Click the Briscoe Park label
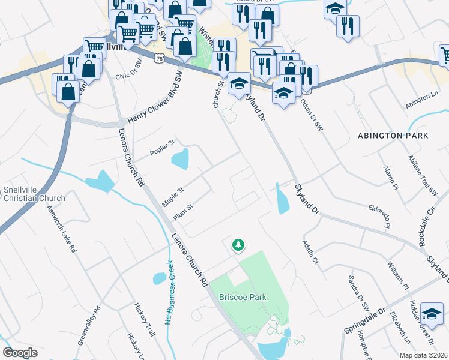click(x=243, y=297)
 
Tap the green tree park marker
click(x=239, y=245)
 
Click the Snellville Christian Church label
click(x=34, y=193)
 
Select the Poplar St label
click(x=161, y=148)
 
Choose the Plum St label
click(x=182, y=212)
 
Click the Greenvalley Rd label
click(x=89, y=327)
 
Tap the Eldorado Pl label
click(x=380, y=215)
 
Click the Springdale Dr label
click(x=364, y=322)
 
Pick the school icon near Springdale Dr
click(x=431, y=314)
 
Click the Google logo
click(x=20, y=352)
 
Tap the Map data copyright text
click(x=424, y=355)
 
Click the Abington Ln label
click(x=422, y=100)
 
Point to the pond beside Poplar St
click(x=180, y=159)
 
